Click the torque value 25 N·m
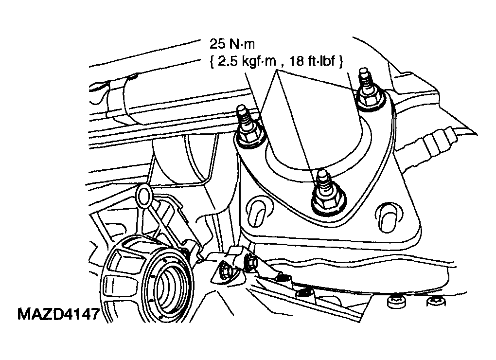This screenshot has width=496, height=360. tap(232, 44)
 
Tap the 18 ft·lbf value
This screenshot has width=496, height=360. tap(312, 61)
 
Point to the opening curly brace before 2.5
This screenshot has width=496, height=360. tap(212, 62)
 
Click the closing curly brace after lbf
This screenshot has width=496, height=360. tap(340, 61)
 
